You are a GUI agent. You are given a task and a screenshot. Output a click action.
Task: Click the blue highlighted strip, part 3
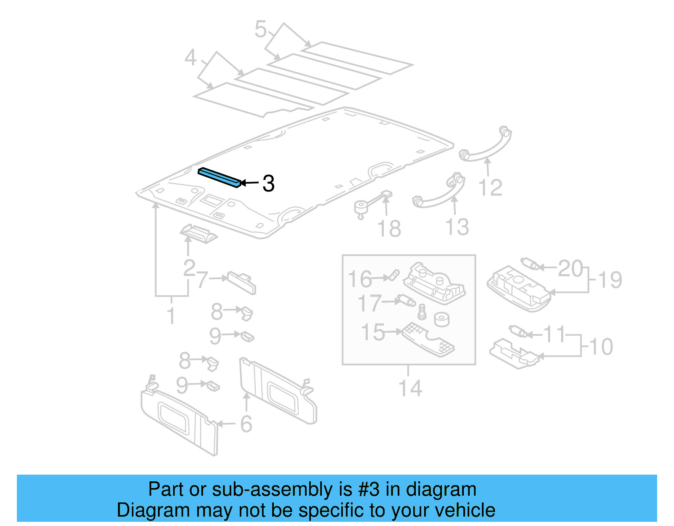coord(220,177)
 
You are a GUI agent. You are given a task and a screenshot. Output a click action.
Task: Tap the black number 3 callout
coord(268,184)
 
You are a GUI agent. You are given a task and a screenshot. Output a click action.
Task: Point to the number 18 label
coord(389,229)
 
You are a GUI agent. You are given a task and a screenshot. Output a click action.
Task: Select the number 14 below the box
coord(410,388)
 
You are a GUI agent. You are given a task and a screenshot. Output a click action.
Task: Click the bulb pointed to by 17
coord(407,301)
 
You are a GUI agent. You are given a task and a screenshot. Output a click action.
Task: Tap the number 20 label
coord(570,269)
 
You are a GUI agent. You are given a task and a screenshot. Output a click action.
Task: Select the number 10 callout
coord(601,347)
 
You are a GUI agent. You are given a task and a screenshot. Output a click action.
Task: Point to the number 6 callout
coord(246,424)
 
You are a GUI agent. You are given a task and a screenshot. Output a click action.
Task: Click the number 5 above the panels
coord(261,29)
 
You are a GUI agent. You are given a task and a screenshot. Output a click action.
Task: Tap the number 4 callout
coord(191,58)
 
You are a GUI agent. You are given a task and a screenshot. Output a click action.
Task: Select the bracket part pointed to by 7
coord(242,282)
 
